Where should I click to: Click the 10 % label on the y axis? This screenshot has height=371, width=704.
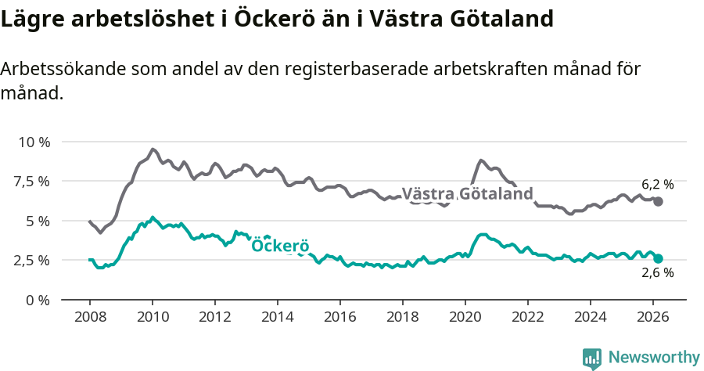34,142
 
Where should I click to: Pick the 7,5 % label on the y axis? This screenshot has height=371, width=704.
33,182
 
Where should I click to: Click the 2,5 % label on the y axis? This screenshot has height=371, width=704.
33,260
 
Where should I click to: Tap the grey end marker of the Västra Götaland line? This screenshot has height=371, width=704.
659,201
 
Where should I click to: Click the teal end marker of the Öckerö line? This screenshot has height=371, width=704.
659,258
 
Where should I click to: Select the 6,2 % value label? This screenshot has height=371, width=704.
657,185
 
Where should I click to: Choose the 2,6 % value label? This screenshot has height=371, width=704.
657,273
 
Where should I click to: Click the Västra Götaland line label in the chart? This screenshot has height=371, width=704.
467,194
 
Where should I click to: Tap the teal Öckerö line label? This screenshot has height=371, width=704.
280,246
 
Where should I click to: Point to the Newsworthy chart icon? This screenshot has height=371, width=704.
592,358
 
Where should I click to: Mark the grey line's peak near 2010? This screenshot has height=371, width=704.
153,149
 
